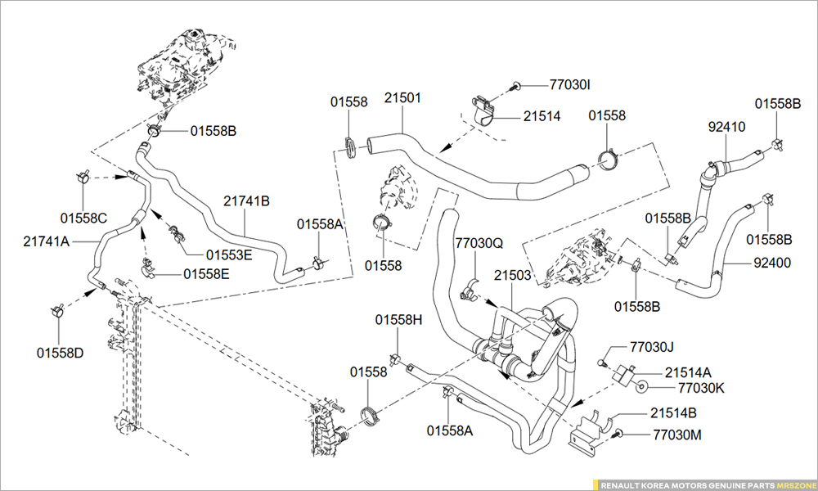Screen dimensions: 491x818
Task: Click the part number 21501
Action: pos(403,98)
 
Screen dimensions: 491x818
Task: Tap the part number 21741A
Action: pos(47,241)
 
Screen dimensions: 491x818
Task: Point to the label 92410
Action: pos(726,127)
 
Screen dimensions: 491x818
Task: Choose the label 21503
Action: pos(513,275)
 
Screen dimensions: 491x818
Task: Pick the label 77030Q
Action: pos(479,243)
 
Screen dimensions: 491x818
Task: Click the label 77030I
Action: pos(570,84)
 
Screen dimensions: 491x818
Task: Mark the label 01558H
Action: pos(399,320)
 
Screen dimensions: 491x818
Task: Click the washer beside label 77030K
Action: pos(644,387)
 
